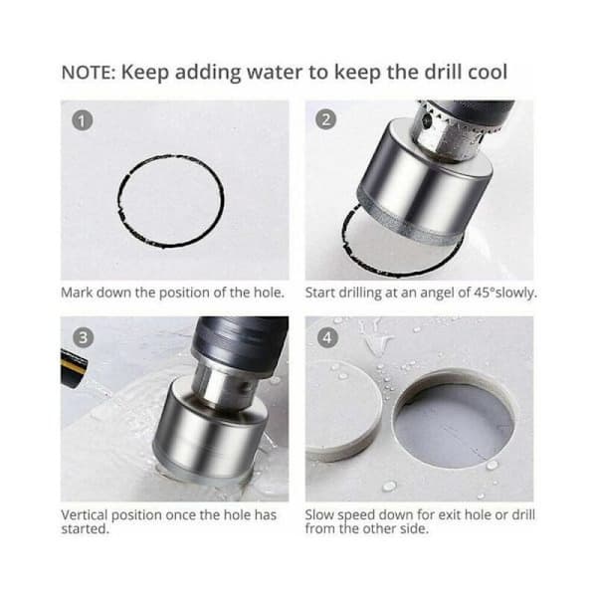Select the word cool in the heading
[488, 72]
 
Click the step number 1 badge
[83, 120]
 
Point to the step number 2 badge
[326, 119]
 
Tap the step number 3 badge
[83, 337]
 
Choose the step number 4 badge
[326, 337]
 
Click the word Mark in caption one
[77, 293]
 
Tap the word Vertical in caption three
[85, 514]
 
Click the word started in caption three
[85, 529]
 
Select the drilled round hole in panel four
[454, 419]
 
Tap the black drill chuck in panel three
[240, 342]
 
